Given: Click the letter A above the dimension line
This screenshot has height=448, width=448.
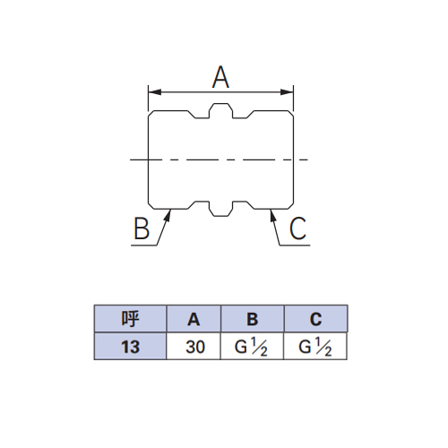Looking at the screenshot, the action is (x=220, y=77).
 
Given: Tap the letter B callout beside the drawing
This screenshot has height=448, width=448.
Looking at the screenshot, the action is (x=142, y=228).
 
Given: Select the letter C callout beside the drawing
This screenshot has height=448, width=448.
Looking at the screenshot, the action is (x=297, y=228).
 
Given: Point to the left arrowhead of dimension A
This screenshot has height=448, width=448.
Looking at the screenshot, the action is (x=155, y=92).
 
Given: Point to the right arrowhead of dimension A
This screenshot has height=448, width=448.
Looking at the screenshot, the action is (x=287, y=92).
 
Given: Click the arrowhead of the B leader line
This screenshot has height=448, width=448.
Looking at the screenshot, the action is (x=168, y=215).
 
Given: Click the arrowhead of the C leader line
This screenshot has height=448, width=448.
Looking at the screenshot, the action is (x=272, y=215).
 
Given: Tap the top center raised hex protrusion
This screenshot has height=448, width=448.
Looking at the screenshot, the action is (x=221, y=110).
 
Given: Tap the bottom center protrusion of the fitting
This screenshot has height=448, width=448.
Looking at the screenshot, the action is (x=221, y=209).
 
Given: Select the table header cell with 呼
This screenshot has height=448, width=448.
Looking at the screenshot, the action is (x=130, y=319).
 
